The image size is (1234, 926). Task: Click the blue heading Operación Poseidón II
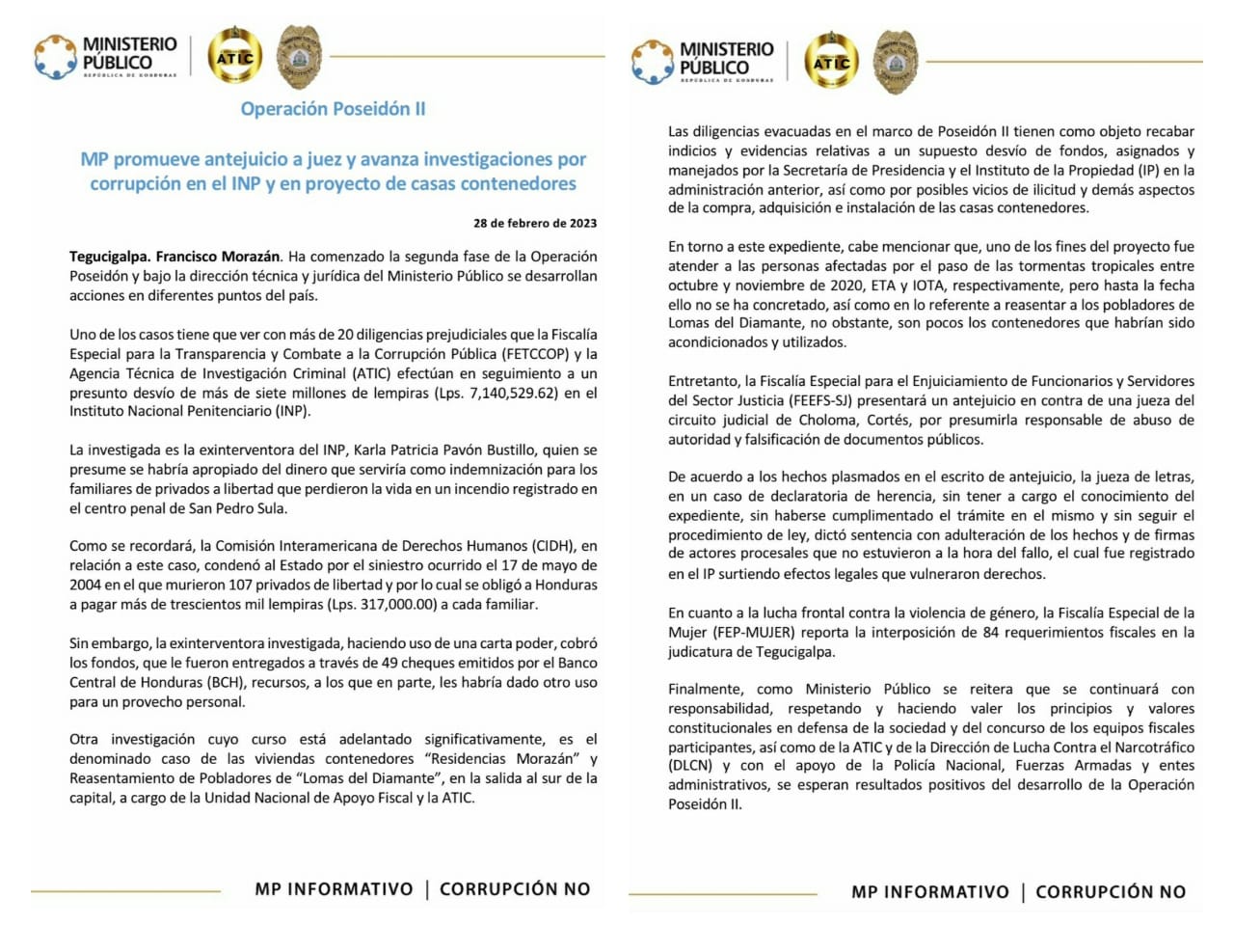pyautogui.click(x=333, y=109)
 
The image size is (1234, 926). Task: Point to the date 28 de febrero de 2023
pyautogui.click(x=534, y=223)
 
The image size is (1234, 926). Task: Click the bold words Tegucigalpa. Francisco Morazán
pyautogui.click(x=174, y=257)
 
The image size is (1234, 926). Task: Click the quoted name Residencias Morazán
pyautogui.click(x=501, y=759)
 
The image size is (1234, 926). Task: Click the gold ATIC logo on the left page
pyautogui.click(x=235, y=57)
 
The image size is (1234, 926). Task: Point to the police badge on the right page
pyautogui.click(x=896, y=61)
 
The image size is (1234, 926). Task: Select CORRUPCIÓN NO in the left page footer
pyautogui.click(x=515, y=889)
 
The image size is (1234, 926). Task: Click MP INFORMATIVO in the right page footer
pyautogui.click(x=929, y=892)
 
